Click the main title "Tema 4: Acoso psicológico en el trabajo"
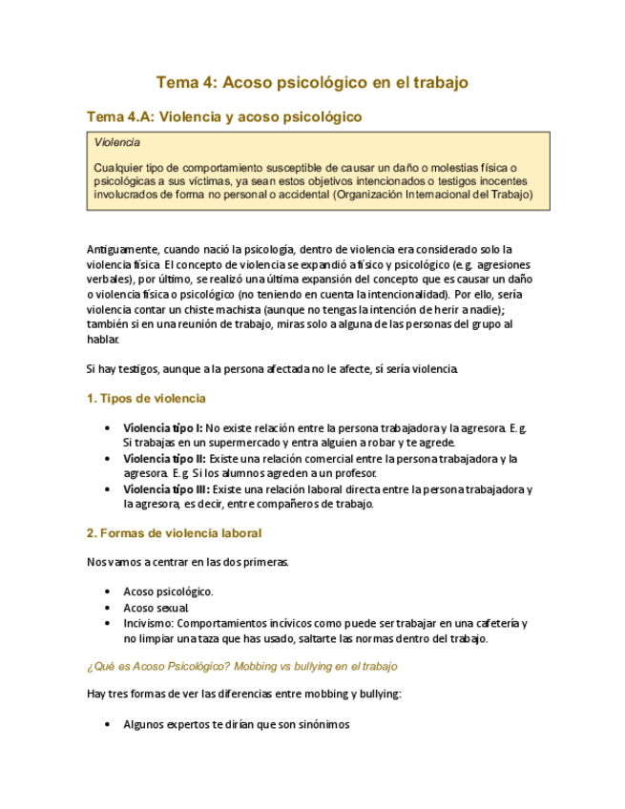(312, 83)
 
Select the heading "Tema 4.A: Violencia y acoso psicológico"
(224, 117)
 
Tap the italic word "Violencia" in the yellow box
(117, 142)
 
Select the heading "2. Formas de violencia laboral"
(174, 532)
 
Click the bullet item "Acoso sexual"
(156, 607)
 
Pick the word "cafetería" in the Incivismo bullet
(494, 623)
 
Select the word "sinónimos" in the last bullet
(323, 724)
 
